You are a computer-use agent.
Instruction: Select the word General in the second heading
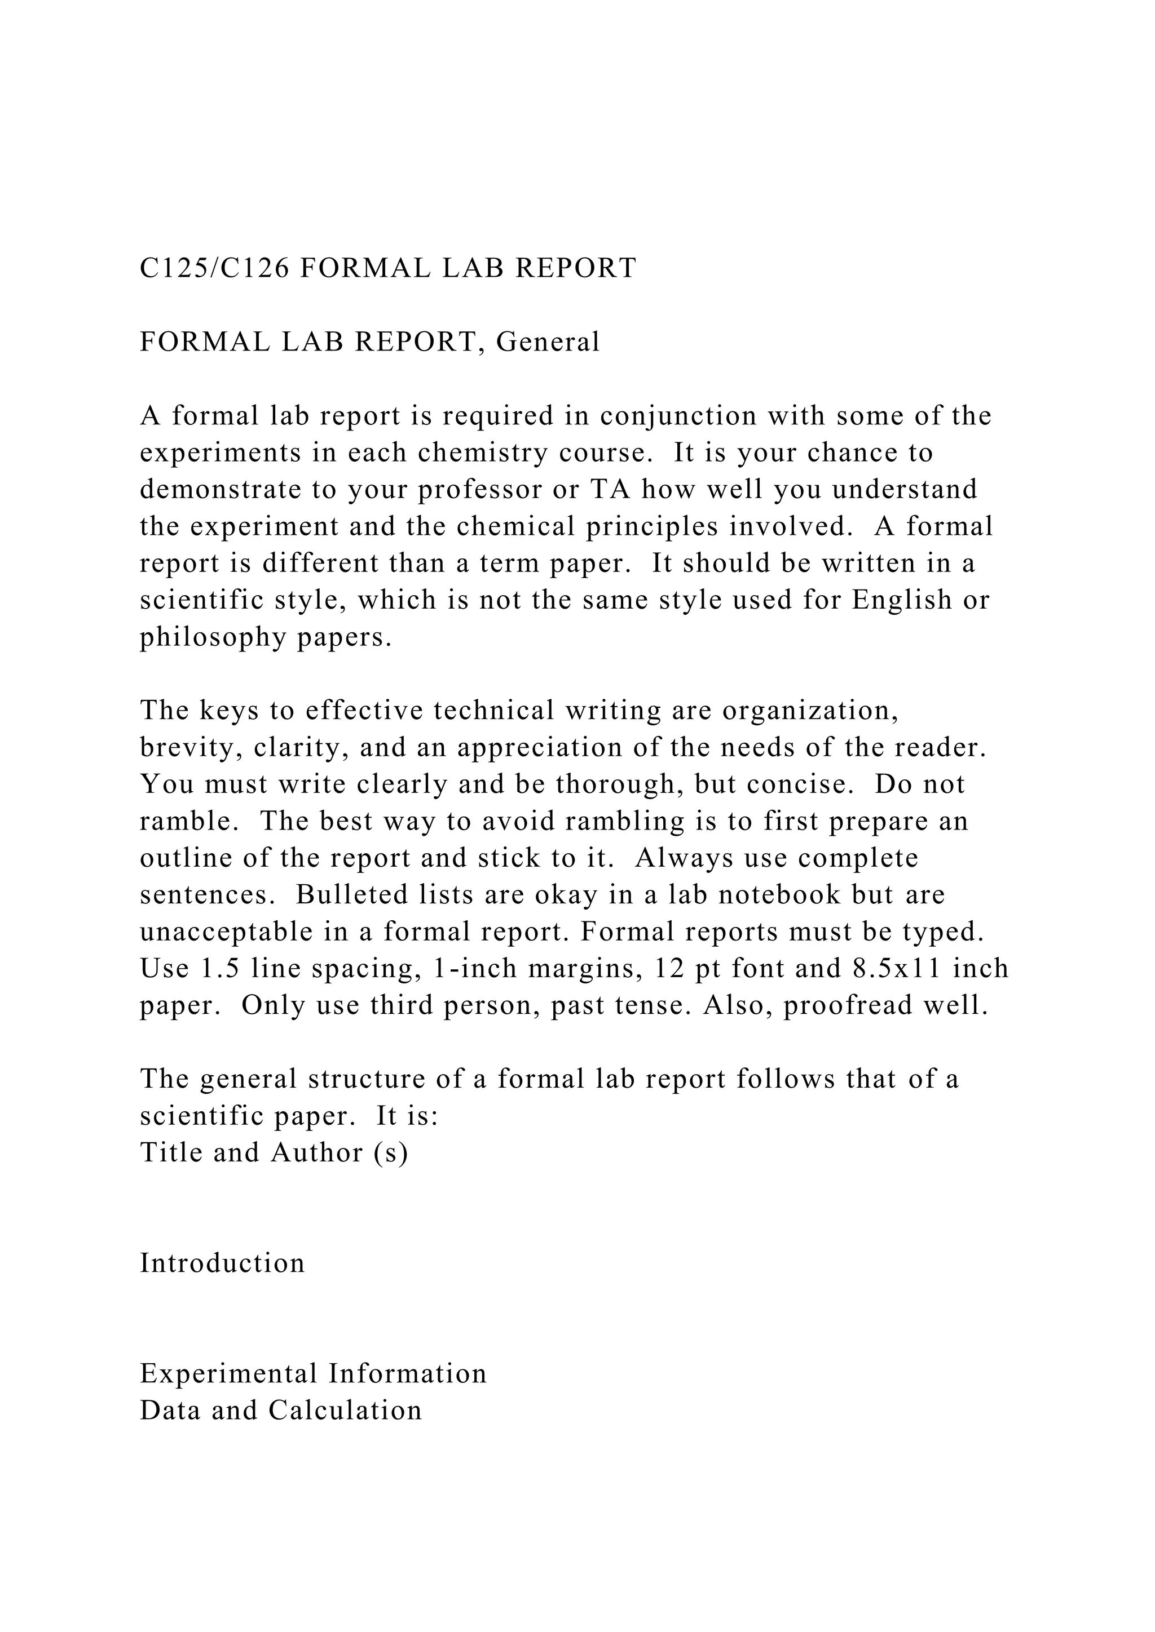coord(548,342)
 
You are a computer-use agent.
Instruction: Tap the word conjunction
coord(678,416)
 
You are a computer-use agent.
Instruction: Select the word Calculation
coord(345,1411)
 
